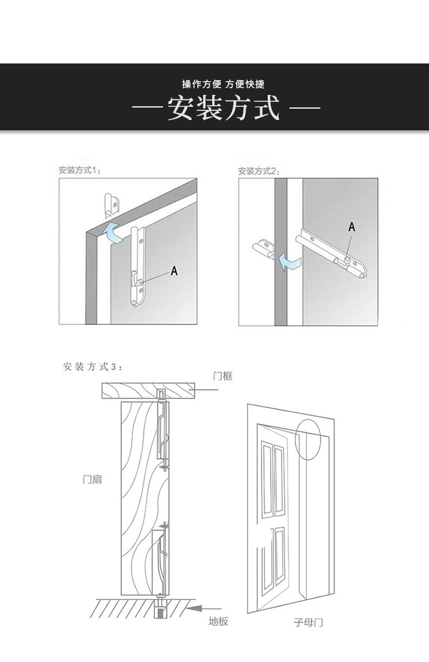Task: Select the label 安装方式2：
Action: click(x=258, y=170)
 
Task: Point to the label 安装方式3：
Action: click(x=92, y=366)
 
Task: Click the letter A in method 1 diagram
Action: click(x=174, y=272)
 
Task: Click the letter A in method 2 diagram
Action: click(x=352, y=227)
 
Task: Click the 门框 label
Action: click(x=223, y=376)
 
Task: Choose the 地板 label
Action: click(x=219, y=621)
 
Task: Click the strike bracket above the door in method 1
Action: click(x=111, y=206)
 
